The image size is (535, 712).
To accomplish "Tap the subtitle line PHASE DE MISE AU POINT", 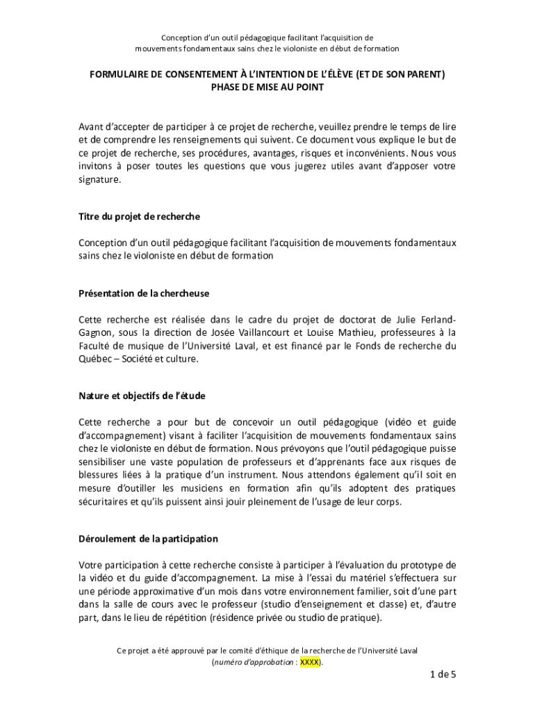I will (x=267, y=87).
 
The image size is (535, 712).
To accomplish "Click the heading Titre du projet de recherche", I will (x=139, y=216).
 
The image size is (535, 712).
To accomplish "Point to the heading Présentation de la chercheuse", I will (x=144, y=293).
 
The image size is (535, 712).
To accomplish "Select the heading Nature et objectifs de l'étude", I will (x=142, y=396).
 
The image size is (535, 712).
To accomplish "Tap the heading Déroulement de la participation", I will (x=148, y=539).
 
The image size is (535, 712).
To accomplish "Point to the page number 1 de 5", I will (x=443, y=674).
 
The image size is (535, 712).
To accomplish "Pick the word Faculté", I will (x=96, y=346).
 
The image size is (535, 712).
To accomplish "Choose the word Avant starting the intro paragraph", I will (x=92, y=127).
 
